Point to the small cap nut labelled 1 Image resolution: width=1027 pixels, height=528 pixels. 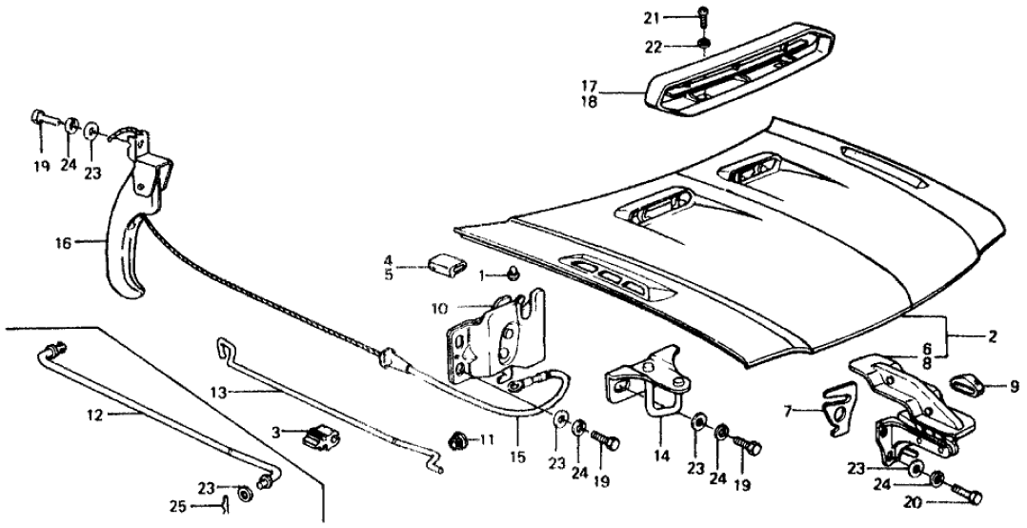coord(512,275)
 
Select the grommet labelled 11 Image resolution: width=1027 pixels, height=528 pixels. coord(457,441)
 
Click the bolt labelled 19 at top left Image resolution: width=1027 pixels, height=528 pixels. coord(43,121)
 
